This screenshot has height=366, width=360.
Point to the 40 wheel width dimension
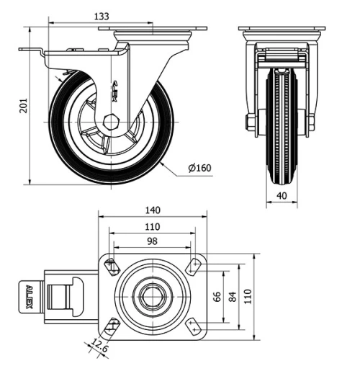tap(282, 195)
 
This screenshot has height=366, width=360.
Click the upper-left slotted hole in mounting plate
tap(112, 267)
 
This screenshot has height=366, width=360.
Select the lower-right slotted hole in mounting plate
tap(193, 328)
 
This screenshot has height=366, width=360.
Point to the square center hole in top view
tap(152, 296)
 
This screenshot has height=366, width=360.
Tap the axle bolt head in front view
tap(250, 122)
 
